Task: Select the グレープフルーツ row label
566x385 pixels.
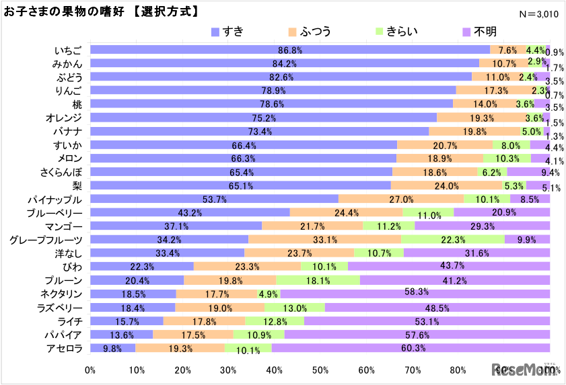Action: point(46,240)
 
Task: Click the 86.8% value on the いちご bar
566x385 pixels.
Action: point(290,50)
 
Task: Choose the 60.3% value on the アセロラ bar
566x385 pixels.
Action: point(411,348)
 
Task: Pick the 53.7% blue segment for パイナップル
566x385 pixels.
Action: point(214,200)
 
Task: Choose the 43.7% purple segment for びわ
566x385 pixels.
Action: point(448,267)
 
